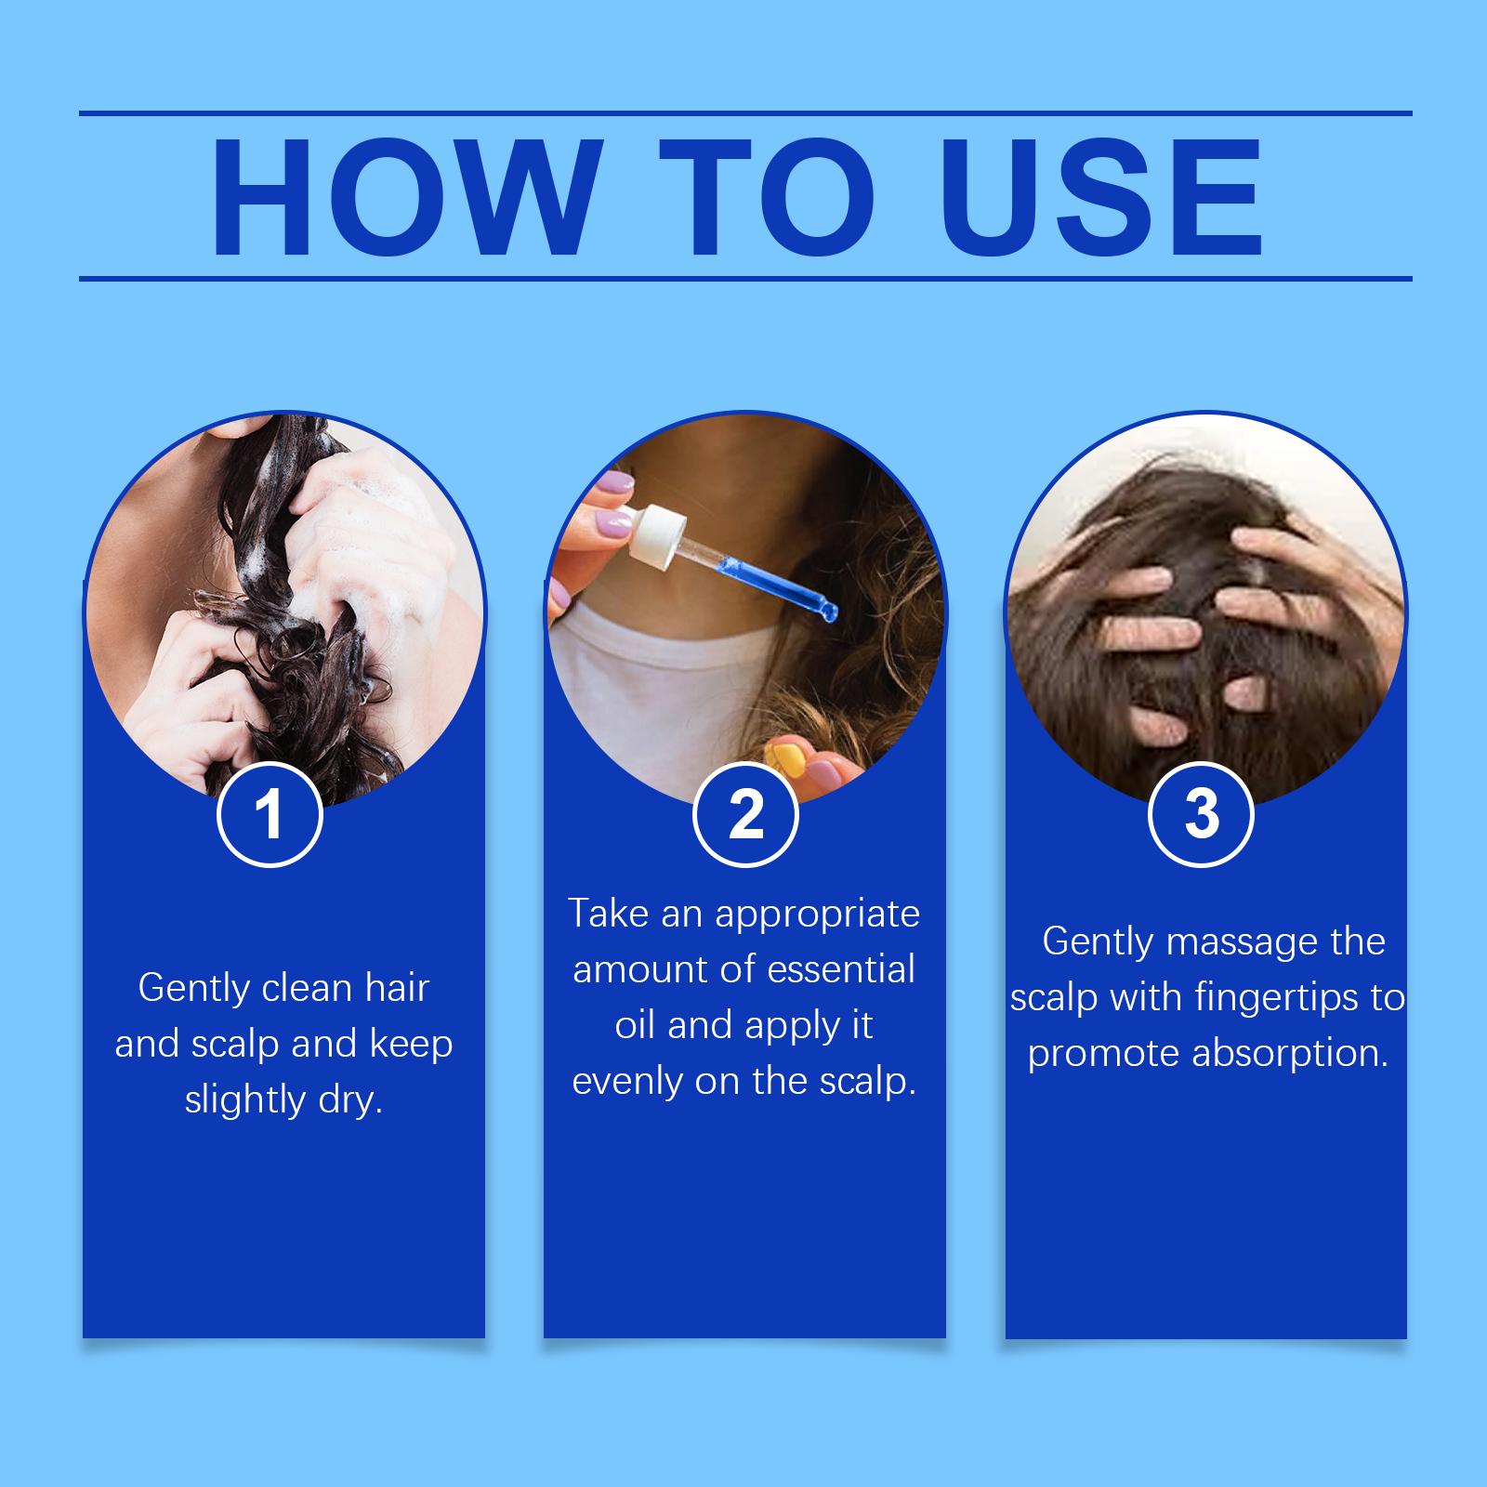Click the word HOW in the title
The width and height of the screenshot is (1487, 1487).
(x=401, y=198)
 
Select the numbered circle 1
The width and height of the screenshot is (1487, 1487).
(x=270, y=815)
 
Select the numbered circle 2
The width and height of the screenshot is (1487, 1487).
(x=745, y=815)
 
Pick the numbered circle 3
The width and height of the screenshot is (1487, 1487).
(x=1202, y=815)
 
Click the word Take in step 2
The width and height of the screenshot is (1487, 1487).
(x=610, y=914)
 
